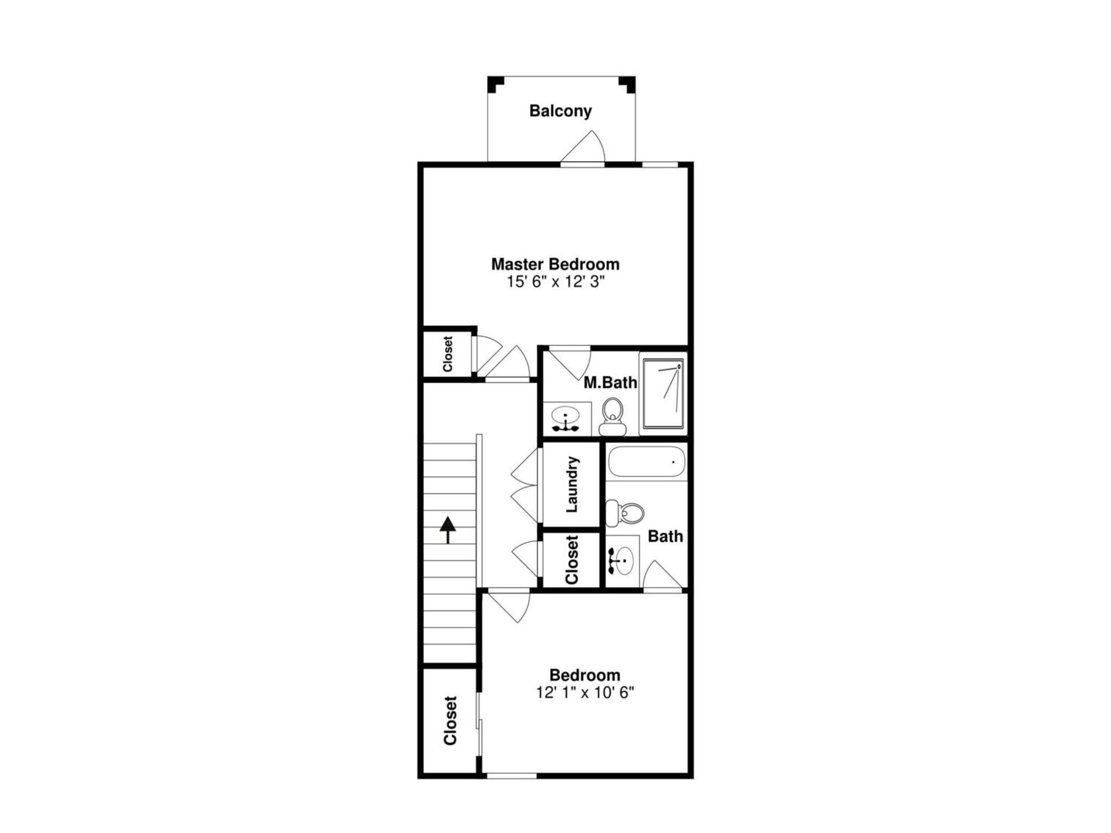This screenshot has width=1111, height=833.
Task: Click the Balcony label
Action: tap(561, 111)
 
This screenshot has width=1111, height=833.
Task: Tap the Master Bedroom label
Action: tap(555, 264)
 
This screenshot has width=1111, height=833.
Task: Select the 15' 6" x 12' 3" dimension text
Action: tap(555, 282)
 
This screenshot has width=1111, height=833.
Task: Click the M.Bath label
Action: tap(610, 383)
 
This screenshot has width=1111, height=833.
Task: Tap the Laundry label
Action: tap(572, 484)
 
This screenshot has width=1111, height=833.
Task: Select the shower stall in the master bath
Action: tap(663, 394)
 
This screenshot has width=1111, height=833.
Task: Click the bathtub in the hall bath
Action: tap(647, 462)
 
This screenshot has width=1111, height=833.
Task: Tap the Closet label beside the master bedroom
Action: tap(447, 354)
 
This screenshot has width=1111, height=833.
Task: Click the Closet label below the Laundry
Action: tap(572, 560)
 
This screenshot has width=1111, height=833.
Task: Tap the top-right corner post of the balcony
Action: tap(627, 84)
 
